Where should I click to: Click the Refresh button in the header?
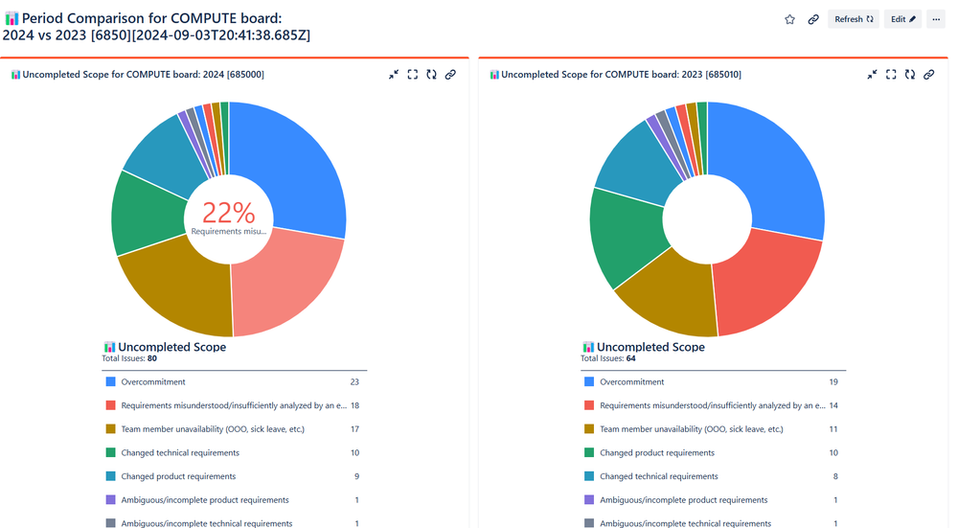[x=854, y=19]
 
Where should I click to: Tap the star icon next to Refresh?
[x=789, y=19]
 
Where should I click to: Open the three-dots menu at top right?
[x=936, y=19]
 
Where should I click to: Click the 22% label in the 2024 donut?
[x=229, y=213]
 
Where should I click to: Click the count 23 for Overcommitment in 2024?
[x=354, y=381]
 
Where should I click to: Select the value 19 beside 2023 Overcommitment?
[x=833, y=381]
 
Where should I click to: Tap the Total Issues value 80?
[x=151, y=358]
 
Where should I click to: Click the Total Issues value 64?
[x=630, y=358]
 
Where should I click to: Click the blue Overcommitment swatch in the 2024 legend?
[x=110, y=381]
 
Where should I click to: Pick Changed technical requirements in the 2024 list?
[x=180, y=452]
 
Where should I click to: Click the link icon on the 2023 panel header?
[x=928, y=75]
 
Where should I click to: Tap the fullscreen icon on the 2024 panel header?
[x=413, y=75]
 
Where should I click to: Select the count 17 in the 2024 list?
[x=354, y=429]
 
